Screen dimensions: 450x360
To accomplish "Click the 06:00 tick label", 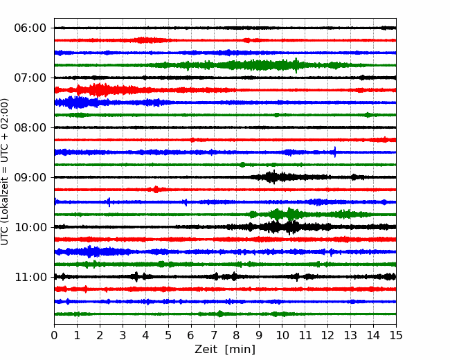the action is point(30,28).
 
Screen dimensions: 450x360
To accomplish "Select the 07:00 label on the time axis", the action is point(30,78).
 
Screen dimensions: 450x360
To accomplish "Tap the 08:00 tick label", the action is point(30,127).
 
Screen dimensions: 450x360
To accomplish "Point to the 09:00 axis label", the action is point(30,177).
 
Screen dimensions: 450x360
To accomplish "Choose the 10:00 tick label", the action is point(30,227).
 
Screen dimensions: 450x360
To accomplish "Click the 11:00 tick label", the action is point(30,277).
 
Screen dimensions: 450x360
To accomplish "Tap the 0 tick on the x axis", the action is point(54,335).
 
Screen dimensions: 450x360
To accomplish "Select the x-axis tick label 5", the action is point(168,335).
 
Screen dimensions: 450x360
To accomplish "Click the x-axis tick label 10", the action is point(282,335).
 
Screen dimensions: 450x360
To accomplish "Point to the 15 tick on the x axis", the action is point(396,335).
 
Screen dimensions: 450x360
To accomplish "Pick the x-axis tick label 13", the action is point(350,335).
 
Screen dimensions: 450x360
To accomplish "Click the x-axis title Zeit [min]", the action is point(225,350).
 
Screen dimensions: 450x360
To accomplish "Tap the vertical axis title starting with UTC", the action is point(5,172).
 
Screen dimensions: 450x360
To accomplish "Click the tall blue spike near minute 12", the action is point(335,152).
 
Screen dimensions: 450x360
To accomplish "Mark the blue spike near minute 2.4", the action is point(109,202).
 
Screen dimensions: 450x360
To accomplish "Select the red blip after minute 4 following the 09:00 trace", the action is point(156,190).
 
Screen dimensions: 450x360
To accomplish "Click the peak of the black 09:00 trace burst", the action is point(273,177).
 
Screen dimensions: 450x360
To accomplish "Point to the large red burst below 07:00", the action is point(99,90).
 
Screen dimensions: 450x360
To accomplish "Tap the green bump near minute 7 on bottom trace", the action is point(220,314).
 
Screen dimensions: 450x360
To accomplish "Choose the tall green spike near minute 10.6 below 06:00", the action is point(296,65).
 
